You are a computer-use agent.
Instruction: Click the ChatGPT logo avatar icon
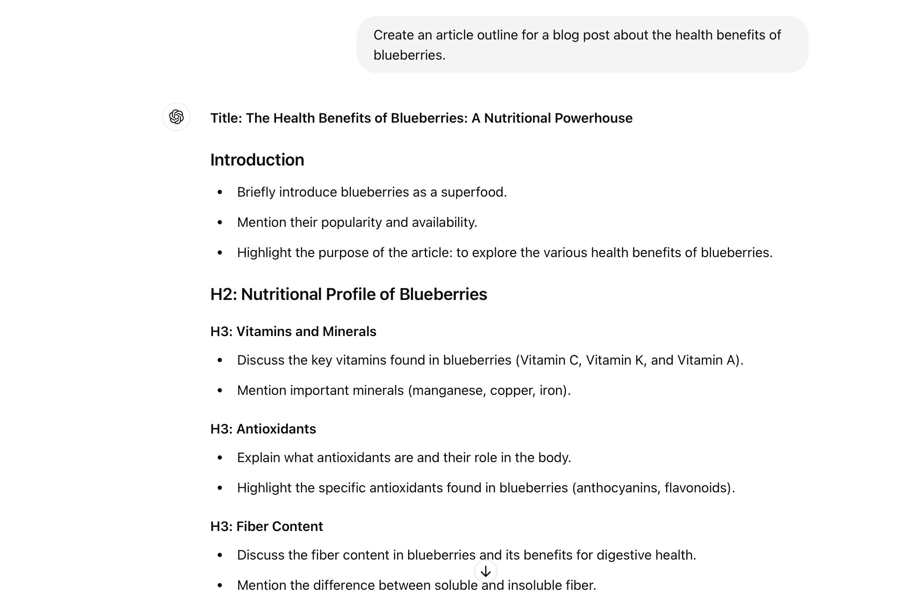(176, 117)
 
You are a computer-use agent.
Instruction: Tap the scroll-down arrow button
(485, 571)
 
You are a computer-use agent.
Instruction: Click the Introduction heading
(257, 160)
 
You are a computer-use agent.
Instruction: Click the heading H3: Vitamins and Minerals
(293, 331)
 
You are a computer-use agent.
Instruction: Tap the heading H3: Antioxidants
(263, 429)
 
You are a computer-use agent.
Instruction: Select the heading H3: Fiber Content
(266, 526)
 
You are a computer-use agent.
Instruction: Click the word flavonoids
(698, 488)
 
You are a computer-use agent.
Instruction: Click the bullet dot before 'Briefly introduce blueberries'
(220, 192)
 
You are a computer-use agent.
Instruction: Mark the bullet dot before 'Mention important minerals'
(220, 391)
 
